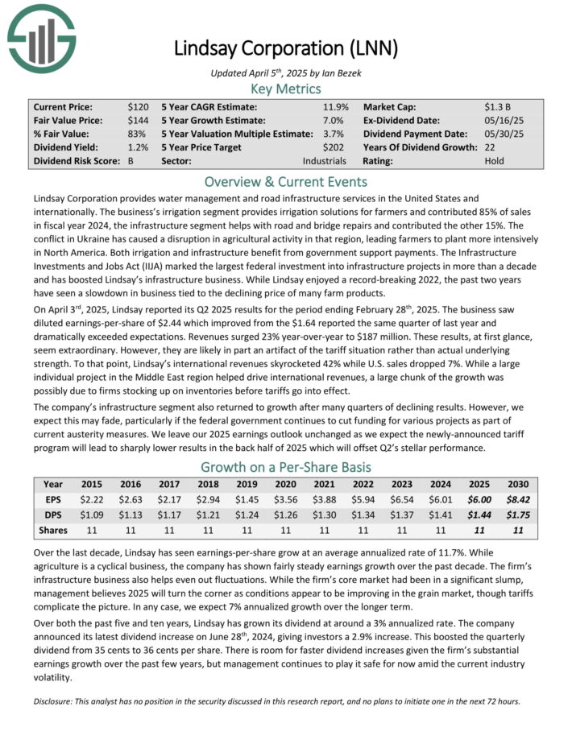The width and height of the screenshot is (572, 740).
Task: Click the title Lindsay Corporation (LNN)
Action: [x=286, y=49]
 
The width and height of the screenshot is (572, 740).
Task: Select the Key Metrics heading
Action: [x=286, y=89]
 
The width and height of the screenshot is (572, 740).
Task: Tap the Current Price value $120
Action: [x=139, y=106]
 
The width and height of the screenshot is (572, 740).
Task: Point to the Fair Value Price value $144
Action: [x=139, y=120]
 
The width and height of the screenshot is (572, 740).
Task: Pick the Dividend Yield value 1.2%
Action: [x=139, y=147]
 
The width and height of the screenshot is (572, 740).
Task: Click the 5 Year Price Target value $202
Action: [x=334, y=147]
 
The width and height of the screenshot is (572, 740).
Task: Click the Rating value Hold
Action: [x=495, y=161]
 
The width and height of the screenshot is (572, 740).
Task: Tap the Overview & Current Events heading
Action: [x=286, y=181]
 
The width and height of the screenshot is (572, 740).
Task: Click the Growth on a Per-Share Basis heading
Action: [x=286, y=467]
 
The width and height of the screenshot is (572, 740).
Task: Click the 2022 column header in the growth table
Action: [x=363, y=486]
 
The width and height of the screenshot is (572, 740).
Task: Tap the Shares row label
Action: [x=53, y=531]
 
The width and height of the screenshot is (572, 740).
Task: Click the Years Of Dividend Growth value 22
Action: [x=491, y=147]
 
